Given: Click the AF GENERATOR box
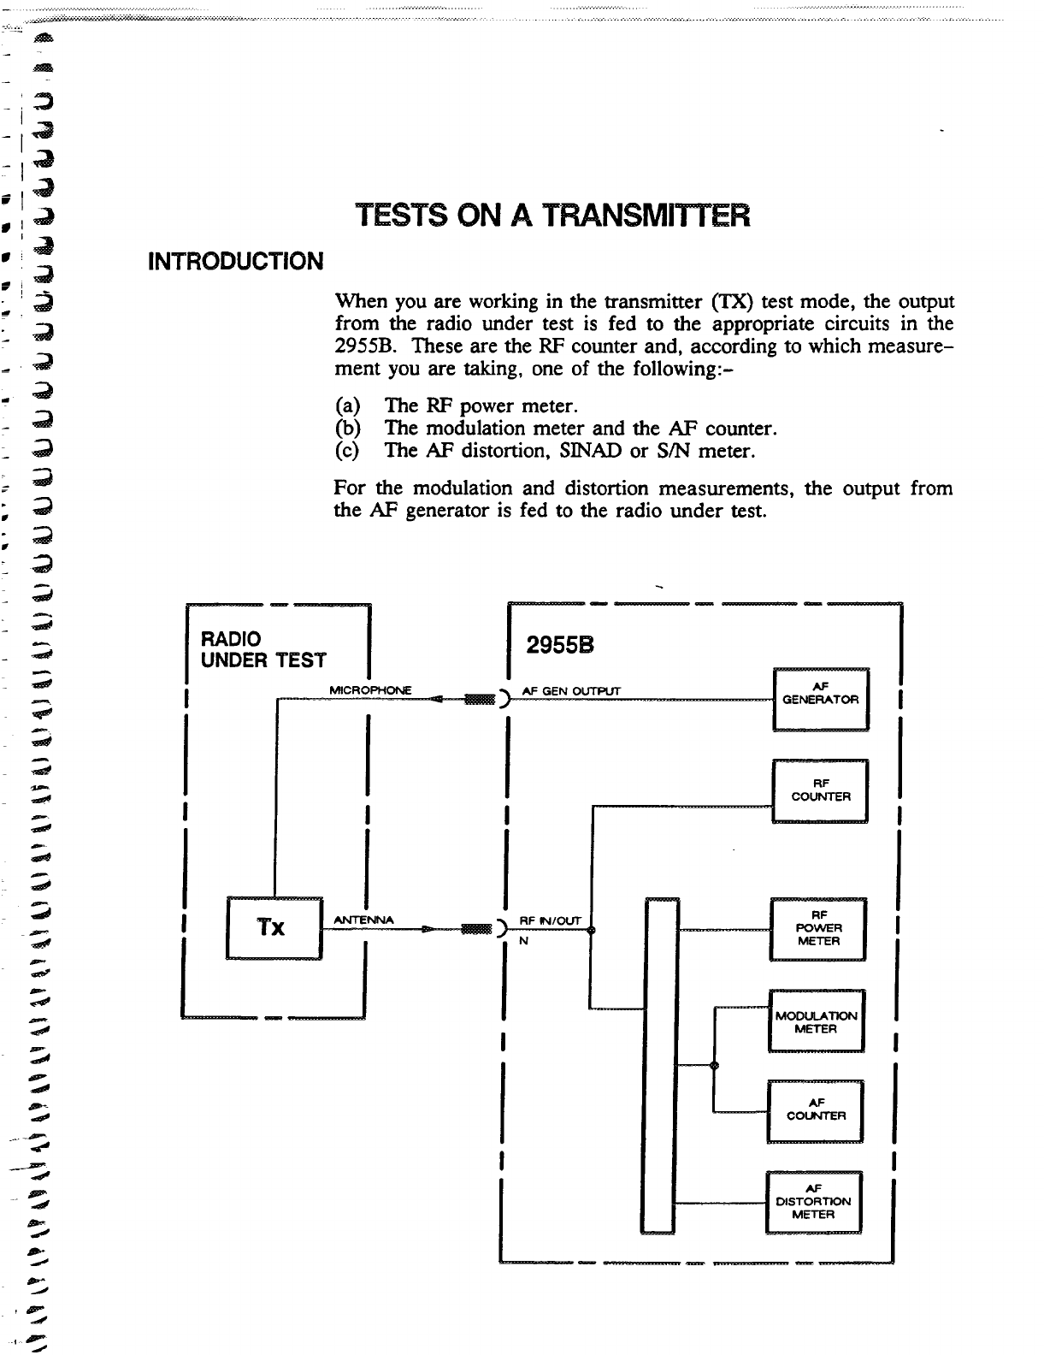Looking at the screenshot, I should [x=821, y=698].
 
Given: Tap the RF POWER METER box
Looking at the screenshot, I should [x=818, y=928].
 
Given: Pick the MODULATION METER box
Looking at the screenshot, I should [x=817, y=1021].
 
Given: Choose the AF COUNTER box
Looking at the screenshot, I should [x=816, y=1110].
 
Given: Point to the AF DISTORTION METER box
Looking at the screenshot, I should [x=813, y=1201].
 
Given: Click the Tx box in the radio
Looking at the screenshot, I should [x=273, y=927].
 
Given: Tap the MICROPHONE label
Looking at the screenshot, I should [x=371, y=689].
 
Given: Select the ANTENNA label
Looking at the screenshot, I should [x=363, y=920].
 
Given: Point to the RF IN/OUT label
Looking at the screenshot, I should [x=551, y=920].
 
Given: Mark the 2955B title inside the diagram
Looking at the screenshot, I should [x=561, y=648].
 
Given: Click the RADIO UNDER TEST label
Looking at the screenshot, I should [x=263, y=649].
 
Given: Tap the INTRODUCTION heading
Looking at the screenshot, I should [x=237, y=260].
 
